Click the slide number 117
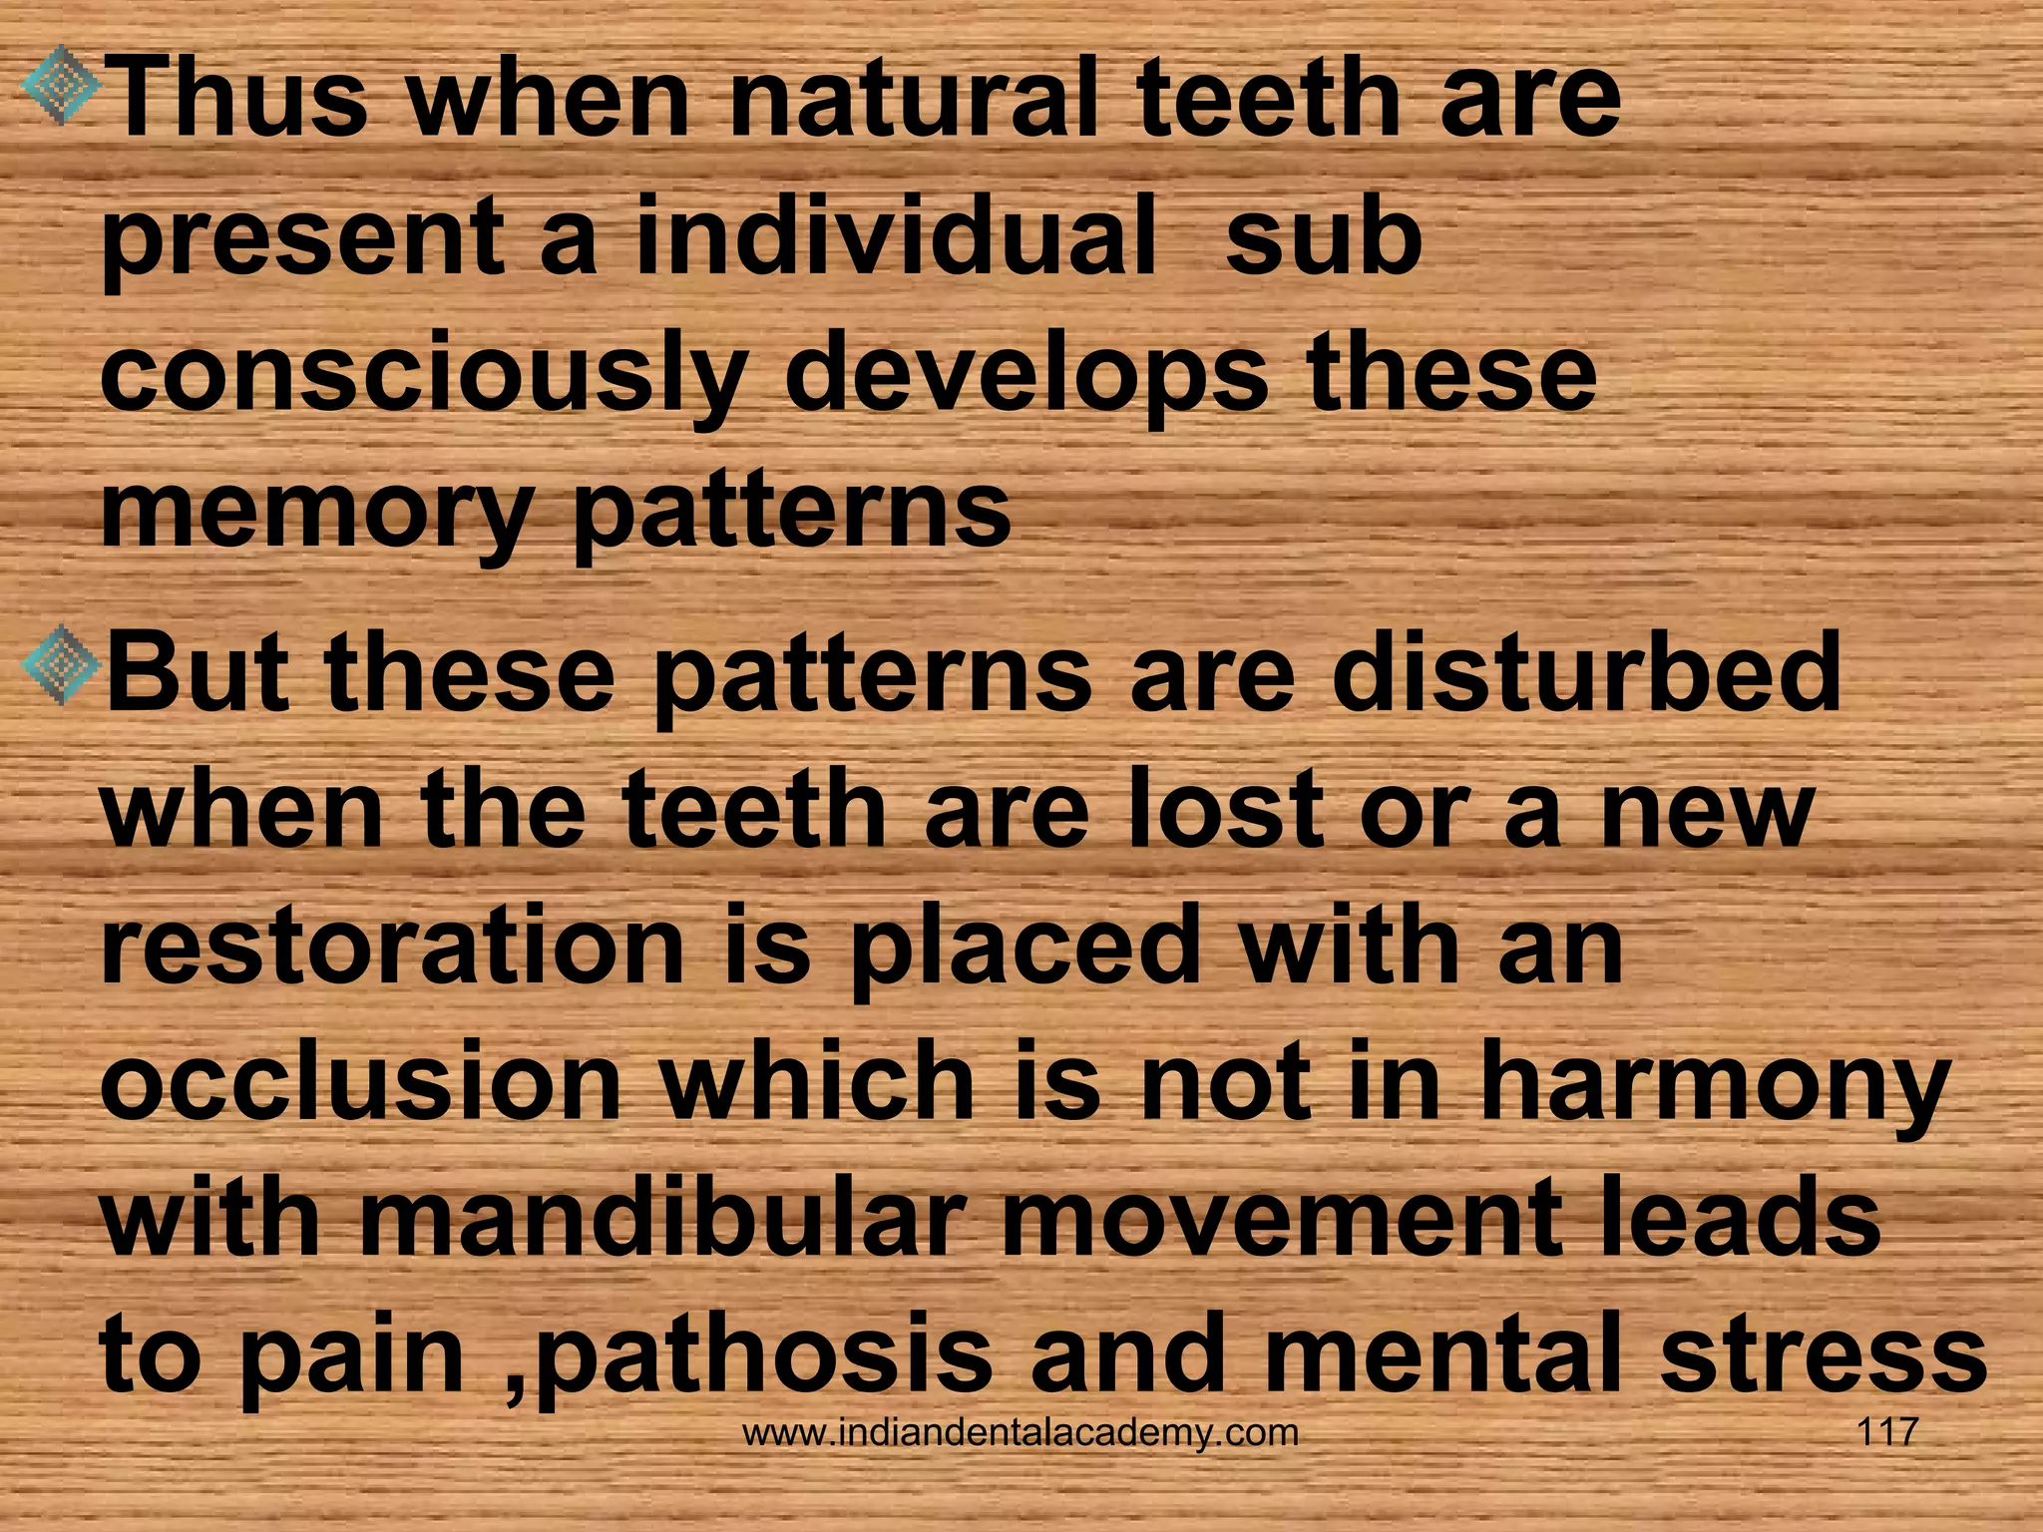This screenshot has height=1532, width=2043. tap(1886, 1432)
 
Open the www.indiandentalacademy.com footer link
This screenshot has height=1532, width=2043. tap(1021, 1433)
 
